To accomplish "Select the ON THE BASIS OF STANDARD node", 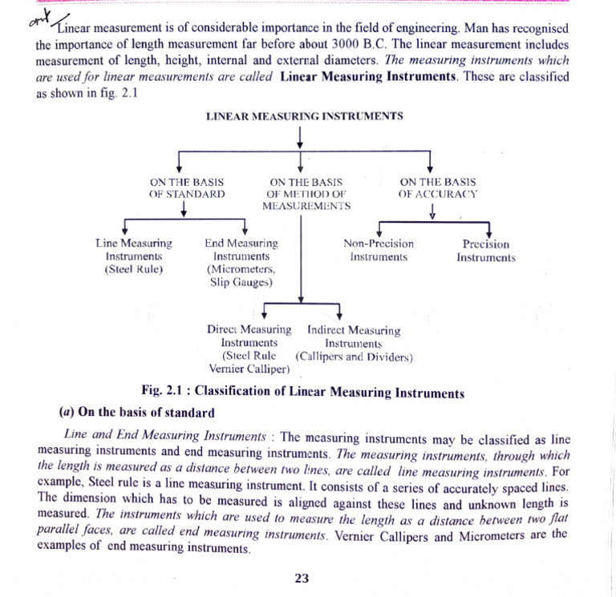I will (186, 188).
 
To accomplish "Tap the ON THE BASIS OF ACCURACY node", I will (437, 188).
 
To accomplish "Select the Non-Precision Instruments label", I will (379, 250).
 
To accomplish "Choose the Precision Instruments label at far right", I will (485, 250).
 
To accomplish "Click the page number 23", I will (302, 579).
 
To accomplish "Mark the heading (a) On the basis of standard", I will (137, 413).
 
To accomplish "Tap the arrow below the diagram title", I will (299, 137).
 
